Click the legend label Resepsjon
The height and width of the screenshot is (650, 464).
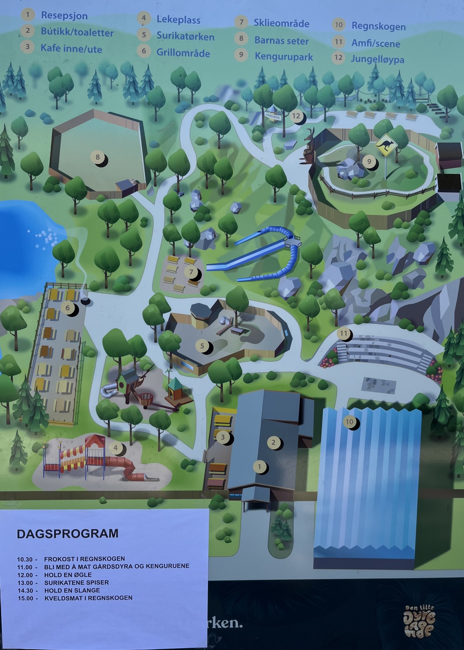tap(64, 16)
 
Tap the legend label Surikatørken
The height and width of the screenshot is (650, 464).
tap(185, 37)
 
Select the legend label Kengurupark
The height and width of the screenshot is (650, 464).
tap(284, 57)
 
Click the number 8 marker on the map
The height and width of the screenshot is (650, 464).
tap(98, 157)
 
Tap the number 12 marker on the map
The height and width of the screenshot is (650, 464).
tap(296, 116)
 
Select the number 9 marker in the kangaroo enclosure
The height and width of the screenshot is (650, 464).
tap(369, 162)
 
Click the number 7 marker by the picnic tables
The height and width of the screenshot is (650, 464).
tap(191, 272)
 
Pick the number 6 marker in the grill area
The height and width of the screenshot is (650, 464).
tap(68, 308)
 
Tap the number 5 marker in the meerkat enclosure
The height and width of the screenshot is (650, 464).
tap(202, 346)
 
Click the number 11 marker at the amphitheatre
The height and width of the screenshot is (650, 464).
tap(344, 333)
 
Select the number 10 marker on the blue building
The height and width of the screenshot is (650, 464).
tap(349, 422)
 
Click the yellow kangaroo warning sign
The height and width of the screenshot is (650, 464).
tap(386, 145)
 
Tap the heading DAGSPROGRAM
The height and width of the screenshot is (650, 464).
tap(68, 534)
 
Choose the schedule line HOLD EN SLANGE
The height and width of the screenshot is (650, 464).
tap(72, 590)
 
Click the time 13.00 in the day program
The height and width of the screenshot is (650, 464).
tap(25, 583)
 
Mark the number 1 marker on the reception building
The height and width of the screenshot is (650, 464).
tap(260, 467)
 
